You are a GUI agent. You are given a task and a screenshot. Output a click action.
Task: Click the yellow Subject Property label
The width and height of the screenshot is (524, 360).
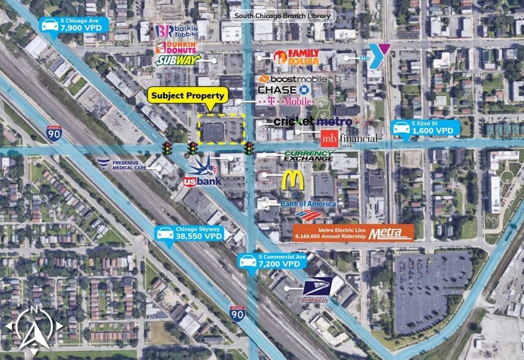188,96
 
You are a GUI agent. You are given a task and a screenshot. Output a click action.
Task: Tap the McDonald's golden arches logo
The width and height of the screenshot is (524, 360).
293,181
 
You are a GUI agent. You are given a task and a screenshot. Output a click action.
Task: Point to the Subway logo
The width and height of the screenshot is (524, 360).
178,60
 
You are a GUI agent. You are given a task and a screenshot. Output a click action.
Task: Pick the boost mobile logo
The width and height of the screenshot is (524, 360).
293,79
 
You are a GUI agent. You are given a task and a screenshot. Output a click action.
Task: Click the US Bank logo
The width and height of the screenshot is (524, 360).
203,182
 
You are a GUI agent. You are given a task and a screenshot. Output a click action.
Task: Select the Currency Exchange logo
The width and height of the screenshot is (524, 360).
309,156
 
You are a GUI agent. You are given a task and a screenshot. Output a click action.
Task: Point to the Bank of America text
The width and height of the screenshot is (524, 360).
308,203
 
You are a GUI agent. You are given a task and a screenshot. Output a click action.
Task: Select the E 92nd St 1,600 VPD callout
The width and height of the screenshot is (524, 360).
425,129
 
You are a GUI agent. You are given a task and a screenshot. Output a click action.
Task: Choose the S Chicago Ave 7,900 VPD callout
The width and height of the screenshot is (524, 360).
73,26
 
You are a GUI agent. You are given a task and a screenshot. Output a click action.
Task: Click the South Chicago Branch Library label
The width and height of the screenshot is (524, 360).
281,15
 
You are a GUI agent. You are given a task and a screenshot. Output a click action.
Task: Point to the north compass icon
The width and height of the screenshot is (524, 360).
34,328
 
